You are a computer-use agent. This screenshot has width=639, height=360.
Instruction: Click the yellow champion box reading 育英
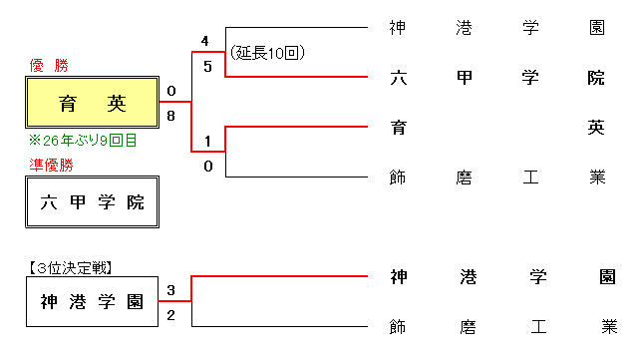[93, 102]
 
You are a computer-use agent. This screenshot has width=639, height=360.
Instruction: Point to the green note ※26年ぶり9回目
[83, 142]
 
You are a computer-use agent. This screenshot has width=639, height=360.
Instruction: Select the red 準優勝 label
[52, 166]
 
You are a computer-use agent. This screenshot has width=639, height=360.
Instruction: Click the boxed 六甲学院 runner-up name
[93, 202]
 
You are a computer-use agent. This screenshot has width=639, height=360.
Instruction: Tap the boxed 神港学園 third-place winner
[93, 301]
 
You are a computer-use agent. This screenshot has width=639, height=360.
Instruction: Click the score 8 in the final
[171, 116]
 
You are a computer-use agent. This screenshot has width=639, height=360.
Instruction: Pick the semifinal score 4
[205, 42]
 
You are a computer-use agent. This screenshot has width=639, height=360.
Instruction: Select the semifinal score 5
[205, 67]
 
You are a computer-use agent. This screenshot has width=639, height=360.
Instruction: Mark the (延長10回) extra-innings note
[266, 52]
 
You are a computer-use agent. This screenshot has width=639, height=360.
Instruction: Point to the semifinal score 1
[206, 141]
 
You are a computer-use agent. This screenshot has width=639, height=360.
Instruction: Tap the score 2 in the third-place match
[171, 316]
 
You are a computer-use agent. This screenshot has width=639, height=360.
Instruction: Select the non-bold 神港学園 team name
[496, 27]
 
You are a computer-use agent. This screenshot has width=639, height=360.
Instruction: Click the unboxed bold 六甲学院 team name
[496, 77]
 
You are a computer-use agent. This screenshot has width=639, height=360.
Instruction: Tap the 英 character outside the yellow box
[596, 127]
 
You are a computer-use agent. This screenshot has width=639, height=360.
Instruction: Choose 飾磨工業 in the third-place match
[496, 326]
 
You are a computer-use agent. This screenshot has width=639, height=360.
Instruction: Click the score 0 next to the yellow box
[171, 92]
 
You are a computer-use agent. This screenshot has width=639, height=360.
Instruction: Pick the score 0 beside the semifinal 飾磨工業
[207, 166]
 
